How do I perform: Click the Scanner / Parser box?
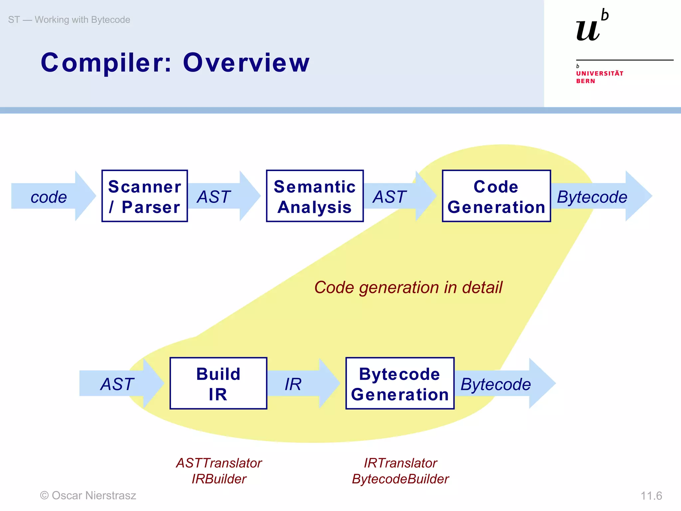click(x=145, y=196)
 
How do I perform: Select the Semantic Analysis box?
click(x=315, y=196)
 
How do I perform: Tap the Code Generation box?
click(x=496, y=196)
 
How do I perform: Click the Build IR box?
click(x=218, y=383)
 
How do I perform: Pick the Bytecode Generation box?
click(x=400, y=383)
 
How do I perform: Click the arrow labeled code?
click(x=50, y=197)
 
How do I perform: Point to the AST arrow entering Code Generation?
click(x=396, y=197)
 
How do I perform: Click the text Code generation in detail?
click(x=408, y=287)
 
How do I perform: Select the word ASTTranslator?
click(x=219, y=463)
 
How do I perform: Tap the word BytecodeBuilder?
click(x=400, y=479)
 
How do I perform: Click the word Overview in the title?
click(x=246, y=63)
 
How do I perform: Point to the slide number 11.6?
click(x=651, y=496)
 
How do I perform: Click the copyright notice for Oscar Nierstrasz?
click(x=88, y=495)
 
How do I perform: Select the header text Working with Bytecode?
click(x=82, y=20)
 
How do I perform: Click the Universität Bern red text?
click(x=599, y=77)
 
